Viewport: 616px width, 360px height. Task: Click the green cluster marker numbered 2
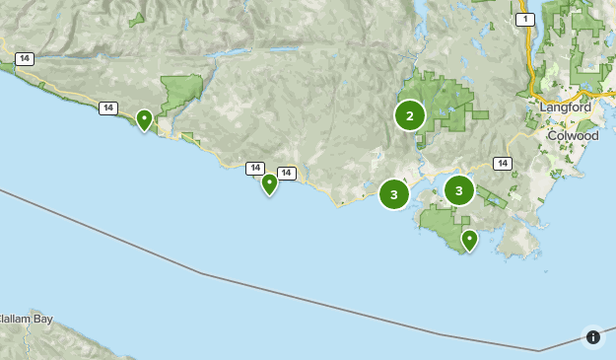pos(410,115)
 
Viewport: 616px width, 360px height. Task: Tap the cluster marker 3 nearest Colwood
pos(459,190)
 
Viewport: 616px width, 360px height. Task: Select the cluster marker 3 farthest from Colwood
pos(394,194)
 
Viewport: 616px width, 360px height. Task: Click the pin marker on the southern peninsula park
pos(470,240)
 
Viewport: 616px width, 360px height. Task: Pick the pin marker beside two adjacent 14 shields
pos(269,183)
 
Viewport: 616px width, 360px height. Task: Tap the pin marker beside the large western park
pos(145,120)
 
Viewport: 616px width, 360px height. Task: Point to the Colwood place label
pos(573,135)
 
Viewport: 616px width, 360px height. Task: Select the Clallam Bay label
pos(26,319)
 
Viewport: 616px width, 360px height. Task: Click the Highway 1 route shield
pos(525,20)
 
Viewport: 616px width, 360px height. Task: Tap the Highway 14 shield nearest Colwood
pos(503,164)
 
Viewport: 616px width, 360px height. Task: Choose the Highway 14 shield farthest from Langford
pos(25,59)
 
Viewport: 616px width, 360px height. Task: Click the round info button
pos(593,337)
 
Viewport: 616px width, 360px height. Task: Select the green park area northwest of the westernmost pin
pos(180,94)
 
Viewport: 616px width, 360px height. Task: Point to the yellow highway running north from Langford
pos(530,59)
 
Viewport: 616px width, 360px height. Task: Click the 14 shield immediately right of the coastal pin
pos(287,174)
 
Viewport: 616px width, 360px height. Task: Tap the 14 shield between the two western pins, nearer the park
pos(108,108)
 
